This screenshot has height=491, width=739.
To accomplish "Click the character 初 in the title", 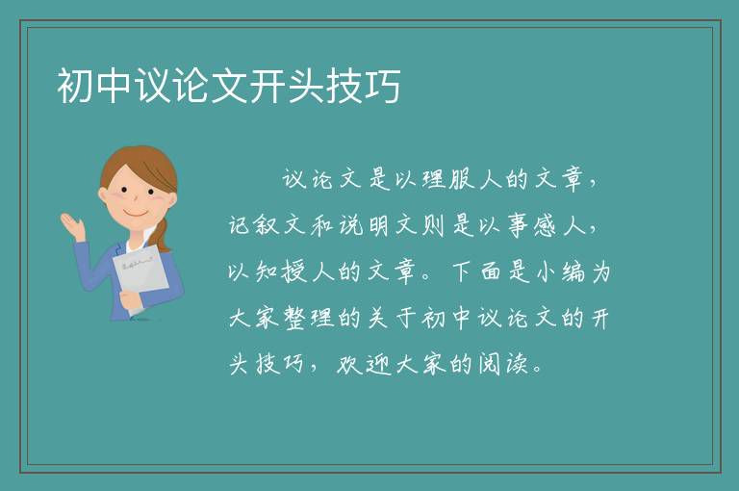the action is (75, 86).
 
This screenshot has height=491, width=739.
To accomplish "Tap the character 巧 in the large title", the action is (383, 86).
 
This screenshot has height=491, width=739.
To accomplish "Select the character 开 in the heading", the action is (268, 86).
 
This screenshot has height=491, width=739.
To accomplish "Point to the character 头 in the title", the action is (306, 86).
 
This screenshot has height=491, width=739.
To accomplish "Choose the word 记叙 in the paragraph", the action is (254, 225).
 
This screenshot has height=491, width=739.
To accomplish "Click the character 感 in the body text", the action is (546, 225).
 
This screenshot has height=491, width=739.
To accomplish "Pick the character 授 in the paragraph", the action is (294, 271).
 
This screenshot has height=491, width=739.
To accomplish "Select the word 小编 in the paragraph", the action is (559, 271).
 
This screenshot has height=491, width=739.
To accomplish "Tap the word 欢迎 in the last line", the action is (365, 364).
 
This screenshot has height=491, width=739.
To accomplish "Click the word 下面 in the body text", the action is (476, 271).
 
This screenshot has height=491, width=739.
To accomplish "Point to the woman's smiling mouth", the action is (136, 213).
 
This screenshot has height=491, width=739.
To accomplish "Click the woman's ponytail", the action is (162, 235).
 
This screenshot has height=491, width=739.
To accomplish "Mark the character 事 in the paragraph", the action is (518, 225).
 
